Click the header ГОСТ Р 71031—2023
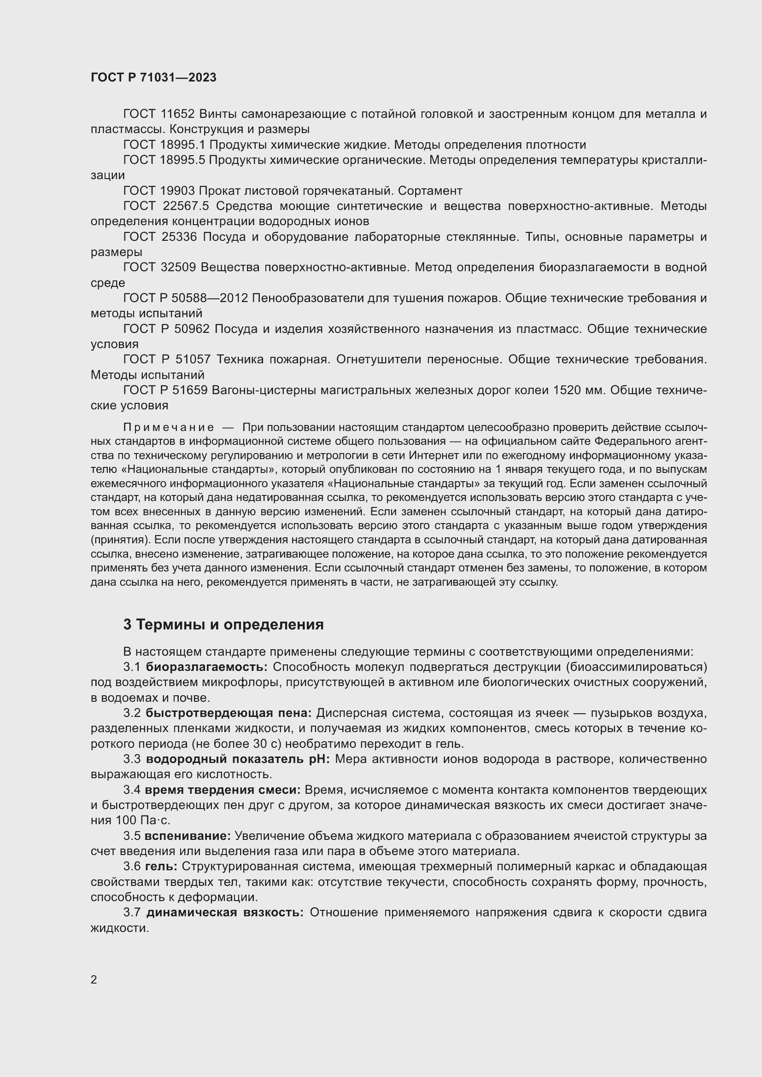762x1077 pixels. coord(153,77)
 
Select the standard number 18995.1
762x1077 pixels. coord(183,145)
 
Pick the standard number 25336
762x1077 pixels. coord(179,237)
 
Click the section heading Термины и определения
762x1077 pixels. coord(230,625)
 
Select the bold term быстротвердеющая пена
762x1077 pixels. coord(229,713)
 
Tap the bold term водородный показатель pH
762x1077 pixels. coord(238,759)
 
